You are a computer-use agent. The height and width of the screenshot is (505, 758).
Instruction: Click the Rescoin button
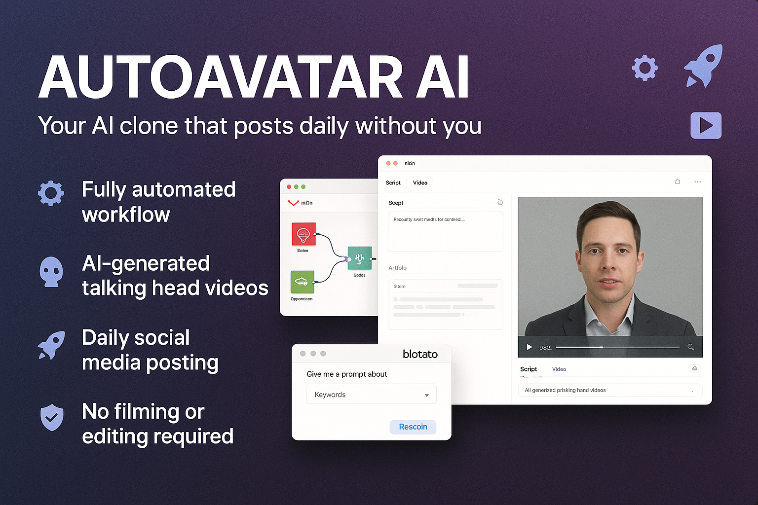pyautogui.click(x=413, y=427)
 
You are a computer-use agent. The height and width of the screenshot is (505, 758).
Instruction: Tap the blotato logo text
pyautogui.click(x=420, y=354)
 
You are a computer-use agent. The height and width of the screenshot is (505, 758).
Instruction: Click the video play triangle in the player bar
pyautogui.click(x=529, y=347)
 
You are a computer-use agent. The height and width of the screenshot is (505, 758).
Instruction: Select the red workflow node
pyautogui.click(x=303, y=234)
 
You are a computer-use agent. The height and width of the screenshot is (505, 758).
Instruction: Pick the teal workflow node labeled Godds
pyautogui.click(x=360, y=258)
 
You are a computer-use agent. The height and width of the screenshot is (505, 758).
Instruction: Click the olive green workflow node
pyautogui.click(x=302, y=282)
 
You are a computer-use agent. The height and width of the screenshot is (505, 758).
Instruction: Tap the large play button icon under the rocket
pyautogui.click(x=706, y=125)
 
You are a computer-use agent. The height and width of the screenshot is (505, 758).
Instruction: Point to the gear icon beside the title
pyautogui.click(x=645, y=68)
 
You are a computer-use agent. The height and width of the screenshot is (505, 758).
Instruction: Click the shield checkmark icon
pyautogui.click(x=52, y=417)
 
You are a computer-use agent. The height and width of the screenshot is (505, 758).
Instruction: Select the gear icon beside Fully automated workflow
pyautogui.click(x=51, y=193)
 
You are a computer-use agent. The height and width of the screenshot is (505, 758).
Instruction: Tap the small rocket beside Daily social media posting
pyautogui.click(x=52, y=345)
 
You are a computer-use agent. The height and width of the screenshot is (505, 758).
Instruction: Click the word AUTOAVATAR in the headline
pyautogui.click(x=221, y=77)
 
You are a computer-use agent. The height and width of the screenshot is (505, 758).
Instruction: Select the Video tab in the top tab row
pyautogui.click(x=420, y=183)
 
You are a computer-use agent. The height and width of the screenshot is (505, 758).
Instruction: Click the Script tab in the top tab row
pyautogui.click(x=393, y=183)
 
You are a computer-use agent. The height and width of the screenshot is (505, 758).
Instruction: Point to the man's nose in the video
pyautogui.click(x=608, y=266)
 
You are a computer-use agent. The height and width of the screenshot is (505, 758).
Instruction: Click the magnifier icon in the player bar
pyautogui.click(x=690, y=347)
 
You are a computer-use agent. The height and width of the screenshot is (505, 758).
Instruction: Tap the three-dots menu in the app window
pyautogui.click(x=697, y=182)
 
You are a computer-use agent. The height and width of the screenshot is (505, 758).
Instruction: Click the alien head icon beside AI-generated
pyautogui.click(x=51, y=271)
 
